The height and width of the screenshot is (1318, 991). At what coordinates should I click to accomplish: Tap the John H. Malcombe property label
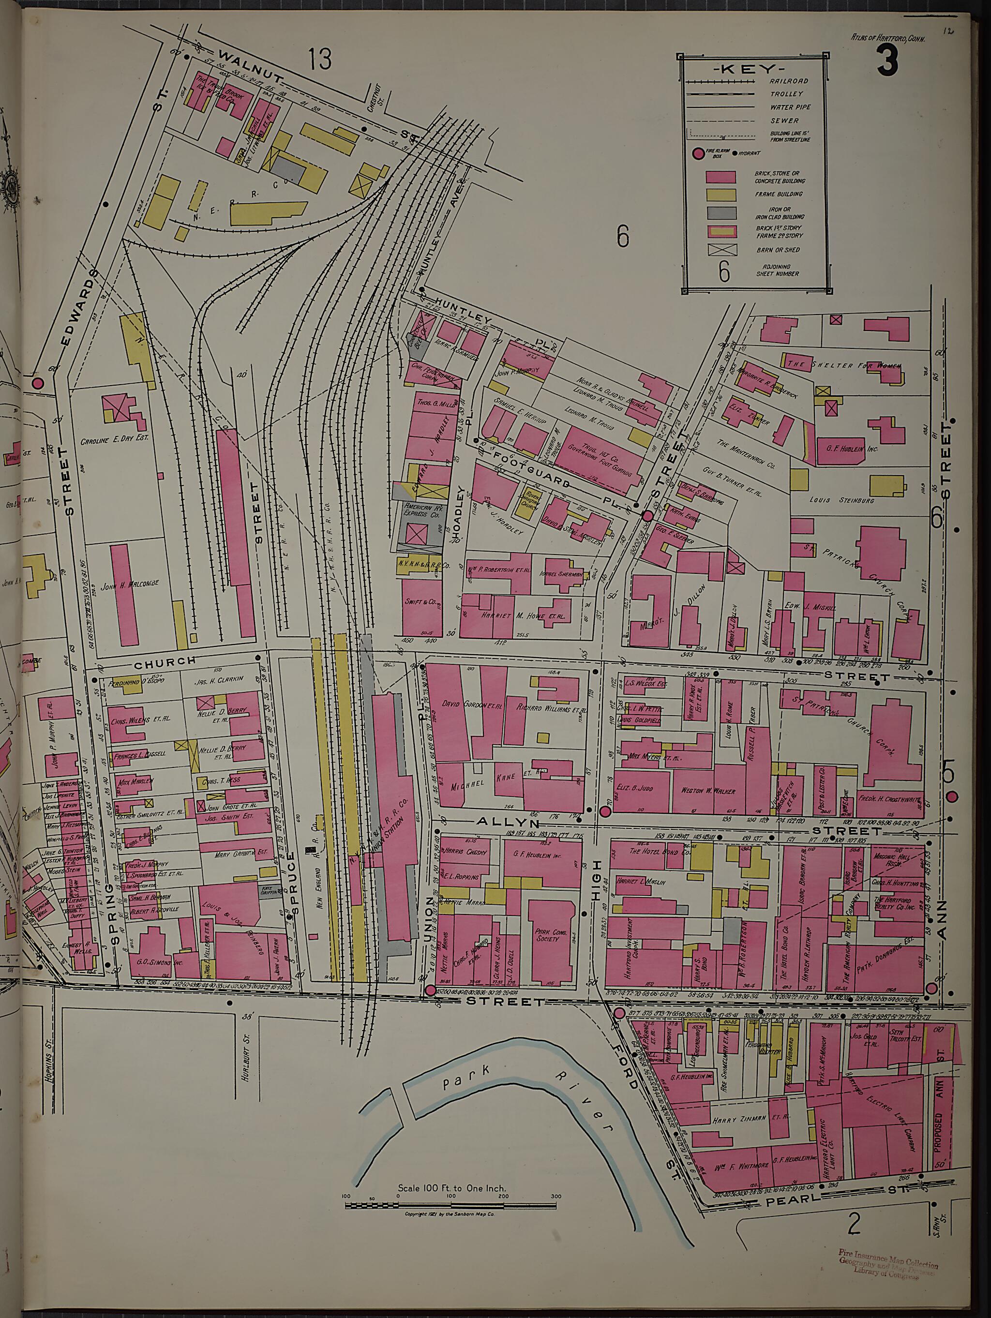tap(130, 584)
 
